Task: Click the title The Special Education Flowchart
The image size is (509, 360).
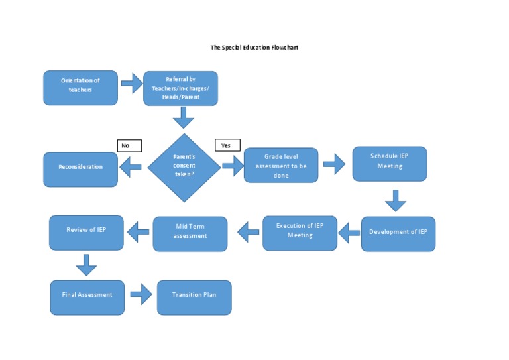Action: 254,48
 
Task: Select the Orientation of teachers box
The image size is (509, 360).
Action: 81,88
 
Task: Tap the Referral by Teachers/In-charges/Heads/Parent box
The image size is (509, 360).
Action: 180,88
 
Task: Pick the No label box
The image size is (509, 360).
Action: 129,145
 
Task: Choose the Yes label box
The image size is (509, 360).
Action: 227,145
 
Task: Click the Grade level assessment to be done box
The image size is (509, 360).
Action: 281,165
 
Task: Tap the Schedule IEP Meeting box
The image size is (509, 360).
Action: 390,164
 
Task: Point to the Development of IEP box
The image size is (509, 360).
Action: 398,233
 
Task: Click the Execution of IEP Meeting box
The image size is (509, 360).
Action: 300,233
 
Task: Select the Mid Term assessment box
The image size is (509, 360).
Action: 190,233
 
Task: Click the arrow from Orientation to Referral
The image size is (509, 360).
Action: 131,84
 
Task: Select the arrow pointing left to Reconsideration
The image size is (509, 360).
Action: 131,168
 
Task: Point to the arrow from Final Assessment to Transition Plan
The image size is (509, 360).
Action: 141,295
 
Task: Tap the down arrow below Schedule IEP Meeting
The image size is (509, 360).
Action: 395,200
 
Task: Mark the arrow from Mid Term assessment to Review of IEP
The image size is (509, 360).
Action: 138,232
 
